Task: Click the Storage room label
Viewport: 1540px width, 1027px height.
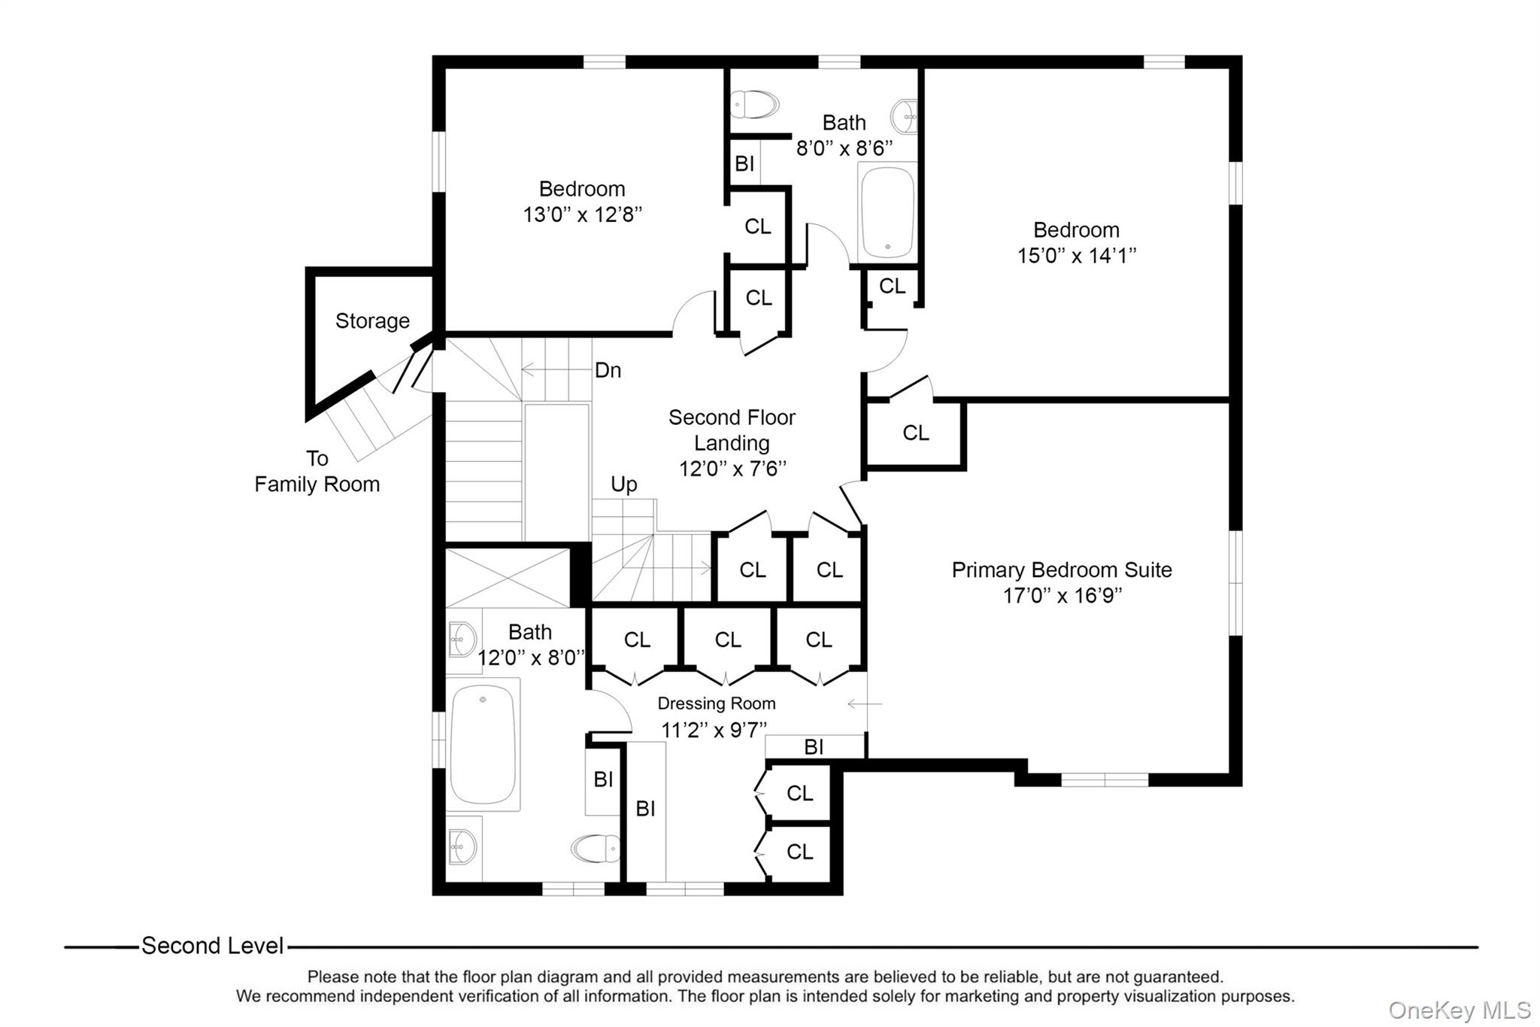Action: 372,321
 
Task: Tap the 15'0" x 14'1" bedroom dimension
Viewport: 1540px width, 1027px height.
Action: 1076,256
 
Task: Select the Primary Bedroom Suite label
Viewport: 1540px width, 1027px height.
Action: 1061,570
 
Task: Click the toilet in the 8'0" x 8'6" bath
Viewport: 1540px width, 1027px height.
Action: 755,105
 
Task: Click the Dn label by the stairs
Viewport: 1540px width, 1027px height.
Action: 608,370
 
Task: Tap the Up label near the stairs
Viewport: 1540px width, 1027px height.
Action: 623,484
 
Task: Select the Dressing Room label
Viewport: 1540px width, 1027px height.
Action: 716,703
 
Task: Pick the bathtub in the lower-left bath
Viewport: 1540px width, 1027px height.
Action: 483,745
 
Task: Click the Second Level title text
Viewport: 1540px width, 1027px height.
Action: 212,946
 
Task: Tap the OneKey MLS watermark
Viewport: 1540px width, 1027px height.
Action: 1459,1010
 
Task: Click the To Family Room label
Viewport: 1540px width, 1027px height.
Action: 317,472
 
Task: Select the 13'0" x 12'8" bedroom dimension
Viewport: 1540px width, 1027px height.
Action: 582,215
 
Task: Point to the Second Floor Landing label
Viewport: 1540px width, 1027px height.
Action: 731,430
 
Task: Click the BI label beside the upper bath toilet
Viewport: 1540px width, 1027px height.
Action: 744,163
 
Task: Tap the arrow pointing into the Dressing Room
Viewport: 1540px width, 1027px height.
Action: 865,704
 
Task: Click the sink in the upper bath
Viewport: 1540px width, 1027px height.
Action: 905,116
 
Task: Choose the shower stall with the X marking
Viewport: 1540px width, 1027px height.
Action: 508,578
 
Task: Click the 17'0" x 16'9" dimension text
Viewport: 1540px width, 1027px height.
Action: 1062,596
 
